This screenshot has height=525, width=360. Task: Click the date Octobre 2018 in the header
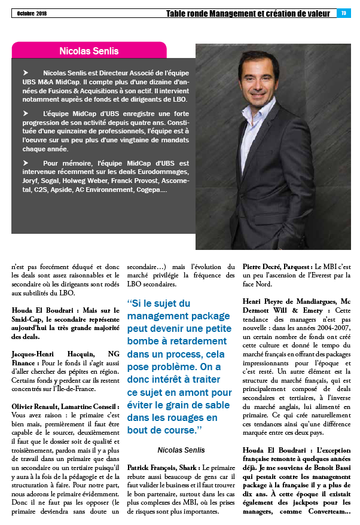(x=32, y=13)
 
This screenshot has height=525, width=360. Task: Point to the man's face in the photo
(x=260, y=77)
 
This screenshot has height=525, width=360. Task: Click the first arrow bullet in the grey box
(x=26, y=72)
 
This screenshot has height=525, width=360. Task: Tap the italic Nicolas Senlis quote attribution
(x=181, y=450)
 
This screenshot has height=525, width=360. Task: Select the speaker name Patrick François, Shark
(x=162, y=466)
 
